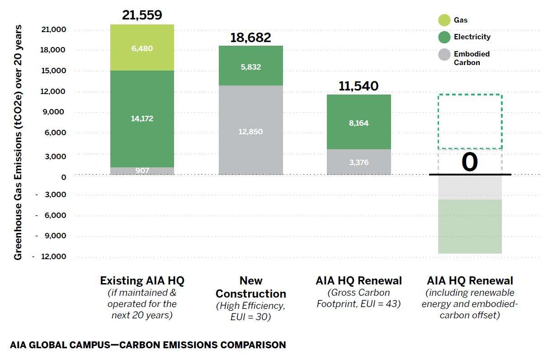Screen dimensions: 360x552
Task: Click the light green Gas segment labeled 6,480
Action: tap(142, 47)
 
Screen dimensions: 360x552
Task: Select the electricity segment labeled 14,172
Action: tap(142, 118)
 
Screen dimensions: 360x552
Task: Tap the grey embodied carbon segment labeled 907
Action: tap(142, 171)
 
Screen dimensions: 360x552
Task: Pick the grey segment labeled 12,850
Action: tap(250, 131)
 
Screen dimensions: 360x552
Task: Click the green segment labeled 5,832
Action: tap(250, 66)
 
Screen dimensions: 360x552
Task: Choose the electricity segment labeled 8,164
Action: tap(359, 123)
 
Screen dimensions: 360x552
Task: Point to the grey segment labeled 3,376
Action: tap(359, 162)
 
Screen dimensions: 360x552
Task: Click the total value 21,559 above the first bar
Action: tap(142, 15)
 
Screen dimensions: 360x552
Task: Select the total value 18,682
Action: tap(250, 37)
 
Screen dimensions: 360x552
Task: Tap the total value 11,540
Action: tap(359, 85)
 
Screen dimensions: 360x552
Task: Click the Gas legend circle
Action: tap(444, 20)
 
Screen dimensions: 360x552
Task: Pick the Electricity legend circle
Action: tap(444, 37)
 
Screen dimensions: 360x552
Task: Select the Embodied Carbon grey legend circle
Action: tap(444, 55)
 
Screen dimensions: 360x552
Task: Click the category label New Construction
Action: tap(250, 287)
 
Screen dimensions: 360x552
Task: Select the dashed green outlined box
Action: tap(470, 122)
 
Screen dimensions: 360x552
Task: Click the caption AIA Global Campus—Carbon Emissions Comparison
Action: tap(148, 345)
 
